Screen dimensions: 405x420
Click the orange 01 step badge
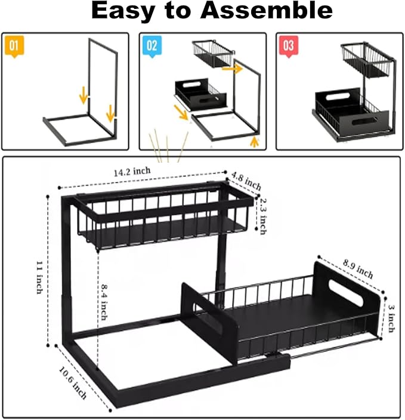coord(14,46)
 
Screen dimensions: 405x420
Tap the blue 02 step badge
coord(152,46)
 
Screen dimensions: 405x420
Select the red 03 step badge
coord(289,46)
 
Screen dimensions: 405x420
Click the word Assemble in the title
coord(267,11)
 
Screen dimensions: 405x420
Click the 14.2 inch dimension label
coord(132,172)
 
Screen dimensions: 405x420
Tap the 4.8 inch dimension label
coord(246,181)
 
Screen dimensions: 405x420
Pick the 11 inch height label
coord(39,277)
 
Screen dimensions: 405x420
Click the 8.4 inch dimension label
coord(104,302)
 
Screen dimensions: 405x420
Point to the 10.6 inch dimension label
coord(73,383)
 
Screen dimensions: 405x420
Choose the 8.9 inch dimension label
coord(358,269)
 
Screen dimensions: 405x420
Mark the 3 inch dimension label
coord(392,319)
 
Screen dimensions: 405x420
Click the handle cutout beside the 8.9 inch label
coord(345,293)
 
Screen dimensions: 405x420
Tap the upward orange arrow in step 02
coord(254,142)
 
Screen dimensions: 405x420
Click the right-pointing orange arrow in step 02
coord(232,69)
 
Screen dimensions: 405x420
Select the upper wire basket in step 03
coord(366,60)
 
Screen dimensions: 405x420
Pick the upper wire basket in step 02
coord(212,54)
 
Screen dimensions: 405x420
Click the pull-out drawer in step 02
coord(201,94)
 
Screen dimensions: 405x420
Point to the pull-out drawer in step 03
coord(351,113)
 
